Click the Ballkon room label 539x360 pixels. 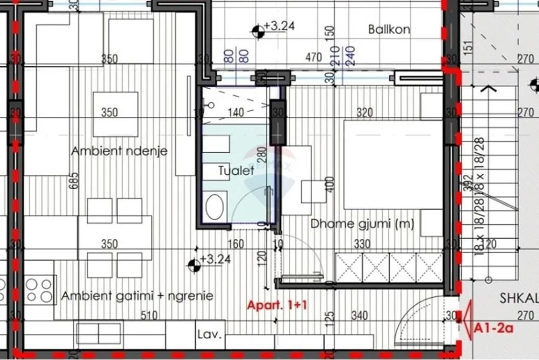[x=389, y=30]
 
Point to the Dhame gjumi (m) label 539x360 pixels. [x=362, y=224]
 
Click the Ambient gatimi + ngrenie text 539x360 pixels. [x=137, y=296]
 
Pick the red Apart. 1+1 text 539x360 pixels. [x=277, y=305]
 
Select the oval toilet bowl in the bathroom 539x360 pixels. [x=214, y=207]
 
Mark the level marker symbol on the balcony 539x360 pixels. [x=259, y=30]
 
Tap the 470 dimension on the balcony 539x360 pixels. [x=313, y=57]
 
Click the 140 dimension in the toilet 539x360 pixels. [x=235, y=112]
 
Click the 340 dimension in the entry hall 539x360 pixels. [x=359, y=316]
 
